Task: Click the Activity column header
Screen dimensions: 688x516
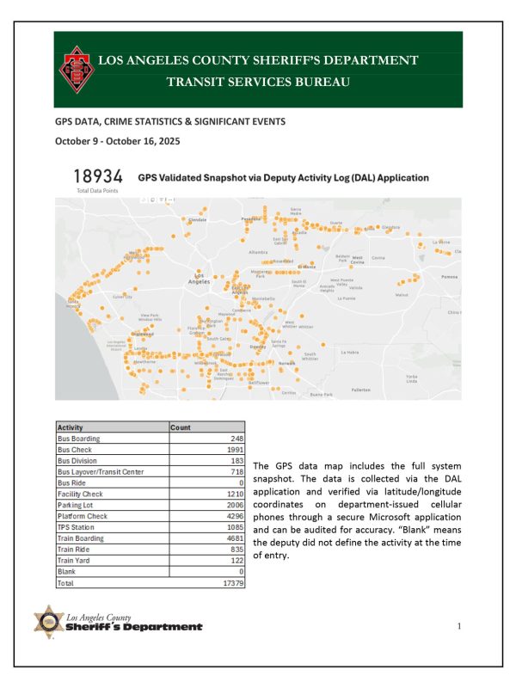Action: (x=71, y=427)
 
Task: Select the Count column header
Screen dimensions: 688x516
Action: (x=181, y=427)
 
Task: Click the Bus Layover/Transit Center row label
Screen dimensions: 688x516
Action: (x=101, y=471)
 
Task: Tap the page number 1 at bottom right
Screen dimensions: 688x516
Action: (x=460, y=626)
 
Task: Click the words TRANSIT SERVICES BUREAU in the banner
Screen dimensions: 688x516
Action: (x=258, y=82)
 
